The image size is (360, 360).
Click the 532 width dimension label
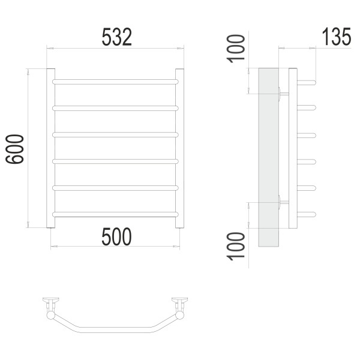pyautogui.click(x=116, y=37)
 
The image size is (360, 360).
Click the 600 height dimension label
pyautogui.click(x=14, y=149)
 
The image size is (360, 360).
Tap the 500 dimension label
pyautogui.click(x=116, y=237)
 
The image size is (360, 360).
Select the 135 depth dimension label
pyautogui.click(x=337, y=37)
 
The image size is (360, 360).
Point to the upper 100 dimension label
pyautogui.click(x=236, y=49)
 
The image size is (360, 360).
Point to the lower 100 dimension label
pyautogui.click(x=236, y=247)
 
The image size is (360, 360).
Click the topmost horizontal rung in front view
pyautogui.click(x=115, y=82)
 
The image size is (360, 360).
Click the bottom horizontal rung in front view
pyautogui.click(x=115, y=214)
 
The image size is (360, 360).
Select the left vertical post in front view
pyautogui.click(x=51, y=148)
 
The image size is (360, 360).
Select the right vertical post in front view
pyautogui.click(x=179, y=148)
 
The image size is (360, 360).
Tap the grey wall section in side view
pyautogui.click(x=269, y=157)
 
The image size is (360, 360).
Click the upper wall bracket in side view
pyautogui.click(x=283, y=94)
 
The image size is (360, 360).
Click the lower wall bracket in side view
pyautogui.click(x=283, y=202)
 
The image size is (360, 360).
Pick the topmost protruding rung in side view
pyautogui.click(x=307, y=82)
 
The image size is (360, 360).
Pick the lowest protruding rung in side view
pyautogui.click(x=307, y=214)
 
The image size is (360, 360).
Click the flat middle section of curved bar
pyautogui.click(x=115, y=329)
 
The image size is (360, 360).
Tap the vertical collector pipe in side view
pyautogui.click(x=293, y=148)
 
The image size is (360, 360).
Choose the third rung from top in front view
pyautogui.click(x=115, y=135)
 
